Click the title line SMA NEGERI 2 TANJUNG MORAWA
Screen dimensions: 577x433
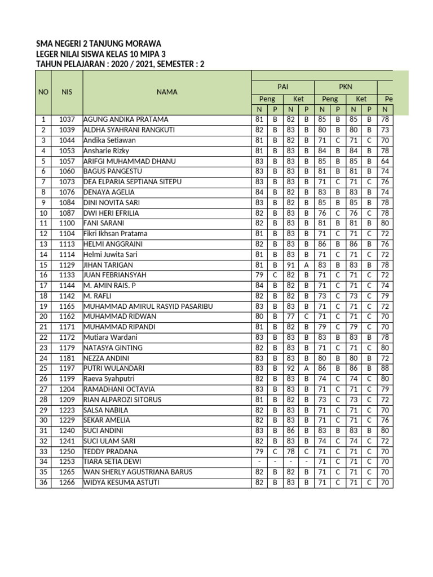(98, 43)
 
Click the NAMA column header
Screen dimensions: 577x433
(167, 92)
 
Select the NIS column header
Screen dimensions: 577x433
(67, 92)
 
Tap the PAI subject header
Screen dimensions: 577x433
(282, 87)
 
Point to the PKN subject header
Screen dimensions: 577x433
(345, 87)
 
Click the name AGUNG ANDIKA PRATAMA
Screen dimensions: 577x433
(126, 119)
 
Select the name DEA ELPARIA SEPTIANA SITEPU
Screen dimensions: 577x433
(136, 181)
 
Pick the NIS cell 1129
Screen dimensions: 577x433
(67, 264)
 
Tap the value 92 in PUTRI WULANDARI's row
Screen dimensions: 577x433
(290, 368)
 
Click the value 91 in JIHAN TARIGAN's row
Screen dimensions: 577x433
(290, 264)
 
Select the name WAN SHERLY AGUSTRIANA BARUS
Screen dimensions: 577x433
(138, 472)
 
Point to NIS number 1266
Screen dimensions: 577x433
(67, 482)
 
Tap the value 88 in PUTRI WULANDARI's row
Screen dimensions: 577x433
(385, 368)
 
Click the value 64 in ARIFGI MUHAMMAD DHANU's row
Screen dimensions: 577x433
(385, 161)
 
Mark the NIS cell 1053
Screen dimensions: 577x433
(67, 150)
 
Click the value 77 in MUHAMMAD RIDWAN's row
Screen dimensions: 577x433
(290, 317)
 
